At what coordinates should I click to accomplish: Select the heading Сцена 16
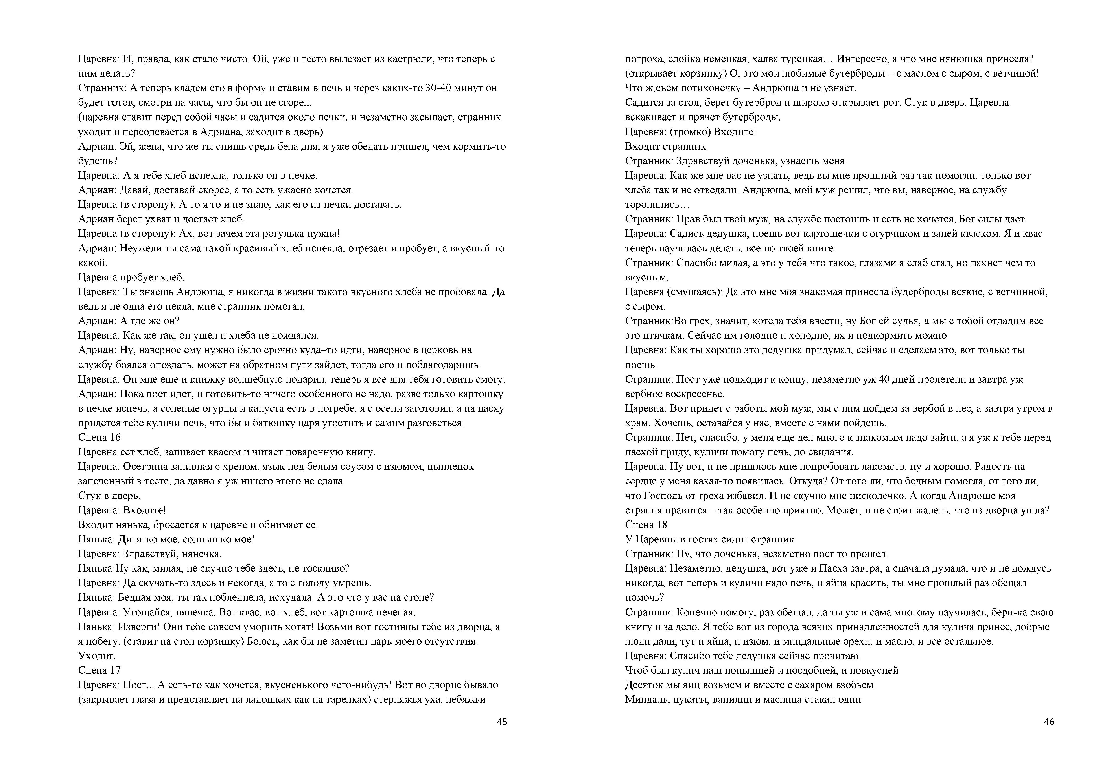(99, 437)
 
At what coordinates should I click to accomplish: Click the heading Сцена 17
(99, 670)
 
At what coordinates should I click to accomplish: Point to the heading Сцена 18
(646, 524)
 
